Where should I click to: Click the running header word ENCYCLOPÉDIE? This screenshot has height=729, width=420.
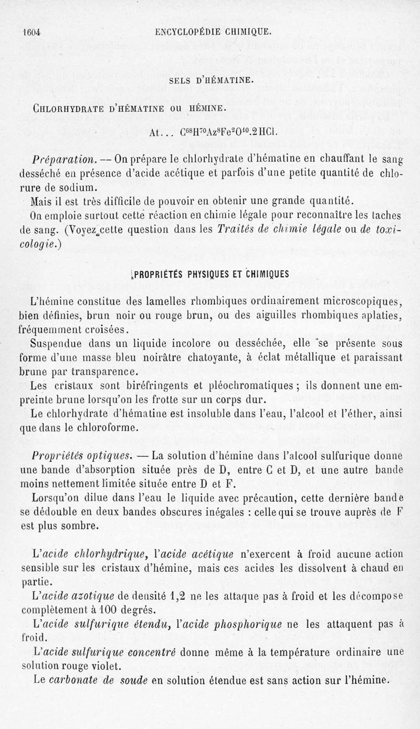click(191, 32)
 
